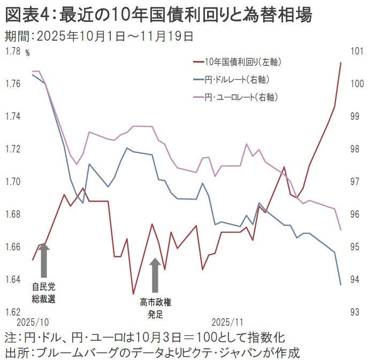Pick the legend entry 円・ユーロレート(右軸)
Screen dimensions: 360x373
[x=237, y=97]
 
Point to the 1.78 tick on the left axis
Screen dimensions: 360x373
[x=12, y=51]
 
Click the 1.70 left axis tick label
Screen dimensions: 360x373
[x=12, y=182]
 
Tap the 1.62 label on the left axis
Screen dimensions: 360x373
[x=12, y=312]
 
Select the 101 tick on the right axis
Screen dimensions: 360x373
[x=356, y=51]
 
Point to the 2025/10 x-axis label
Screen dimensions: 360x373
[x=33, y=323]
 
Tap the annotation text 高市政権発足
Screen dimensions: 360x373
[x=155, y=308]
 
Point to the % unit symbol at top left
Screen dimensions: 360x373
[x=28, y=53]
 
